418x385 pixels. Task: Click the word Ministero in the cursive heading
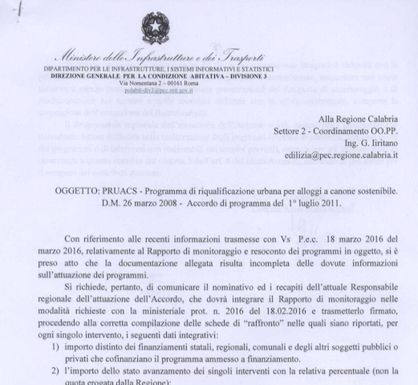79,57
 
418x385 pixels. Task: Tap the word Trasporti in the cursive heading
240,57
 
